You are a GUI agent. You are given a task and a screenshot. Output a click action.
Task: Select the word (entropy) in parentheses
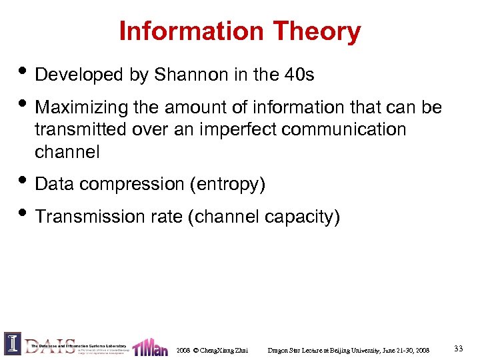(x=227, y=184)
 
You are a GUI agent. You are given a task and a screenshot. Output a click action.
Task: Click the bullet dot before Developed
(x=23, y=72)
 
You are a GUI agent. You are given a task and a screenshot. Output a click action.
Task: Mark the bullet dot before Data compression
(x=23, y=181)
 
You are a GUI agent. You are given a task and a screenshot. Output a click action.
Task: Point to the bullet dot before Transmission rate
(x=23, y=213)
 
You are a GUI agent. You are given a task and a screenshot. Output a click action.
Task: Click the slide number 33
(x=458, y=349)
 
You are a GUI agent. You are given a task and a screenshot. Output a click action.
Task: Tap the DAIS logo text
(x=50, y=345)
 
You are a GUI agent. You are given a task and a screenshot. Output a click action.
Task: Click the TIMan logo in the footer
(x=150, y=347)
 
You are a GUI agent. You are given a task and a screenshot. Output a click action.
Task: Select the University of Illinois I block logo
(x=13, y=344)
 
